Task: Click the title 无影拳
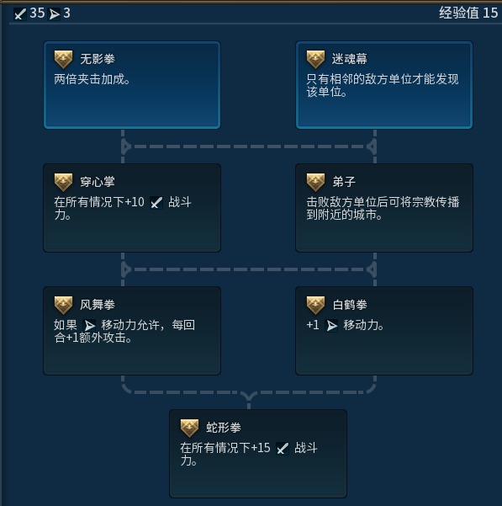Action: (x=98, y=59)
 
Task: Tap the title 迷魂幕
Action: (x=350, y=59)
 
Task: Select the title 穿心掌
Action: (x=98, y=182)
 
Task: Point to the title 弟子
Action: (x=344, y=182)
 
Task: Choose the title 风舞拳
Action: (x=98, y=305)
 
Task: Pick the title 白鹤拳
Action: (x=350, y=305)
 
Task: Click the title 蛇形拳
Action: (x=224, y=428)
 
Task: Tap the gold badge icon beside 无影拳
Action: (x=63, y=60)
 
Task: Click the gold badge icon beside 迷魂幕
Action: (x=315, y=60)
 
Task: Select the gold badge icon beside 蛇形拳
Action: (x=189, y=429)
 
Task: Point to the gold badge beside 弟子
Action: (x=315, y=183)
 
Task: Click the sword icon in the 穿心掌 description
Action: (x=156, y=203)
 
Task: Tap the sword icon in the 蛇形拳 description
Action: (x=283, y=449)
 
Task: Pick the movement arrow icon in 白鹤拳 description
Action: (x=331, y=326)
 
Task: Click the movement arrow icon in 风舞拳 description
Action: (x=89, y=325)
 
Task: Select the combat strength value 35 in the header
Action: (x=37, y=13)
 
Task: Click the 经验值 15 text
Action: (x=468, y=13)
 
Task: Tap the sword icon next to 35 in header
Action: (x=20, y=13)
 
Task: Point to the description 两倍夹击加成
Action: (x=92, y=79)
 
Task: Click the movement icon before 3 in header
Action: (x=54, y=14)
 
